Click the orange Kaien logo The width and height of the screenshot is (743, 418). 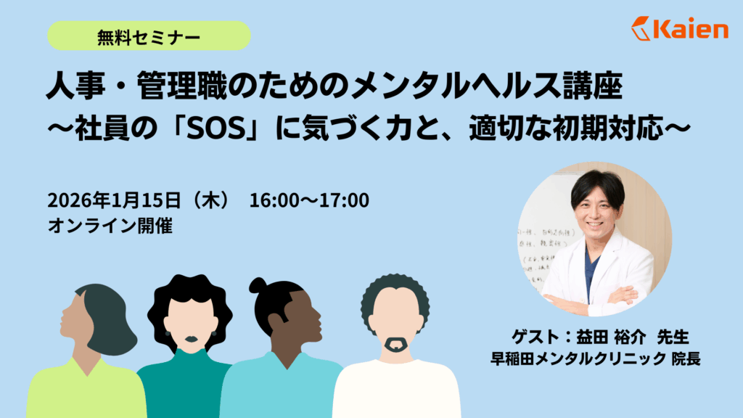pos(679,28)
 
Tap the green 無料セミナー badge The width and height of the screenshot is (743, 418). pos(149,36)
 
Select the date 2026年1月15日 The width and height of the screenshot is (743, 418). pos(114,200)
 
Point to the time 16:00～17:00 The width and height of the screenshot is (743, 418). pos(309,200)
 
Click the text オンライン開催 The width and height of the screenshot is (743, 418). pos(110,226)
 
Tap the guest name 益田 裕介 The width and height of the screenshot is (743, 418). pos(611,337)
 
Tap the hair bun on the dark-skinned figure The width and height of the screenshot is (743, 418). pos(258,286)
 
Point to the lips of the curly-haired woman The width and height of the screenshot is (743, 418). pos(191,340)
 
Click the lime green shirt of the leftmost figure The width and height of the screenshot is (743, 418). pos(86,390)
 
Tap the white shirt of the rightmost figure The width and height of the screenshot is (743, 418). pos(396,390)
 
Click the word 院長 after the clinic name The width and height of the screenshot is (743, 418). pos(686,358)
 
